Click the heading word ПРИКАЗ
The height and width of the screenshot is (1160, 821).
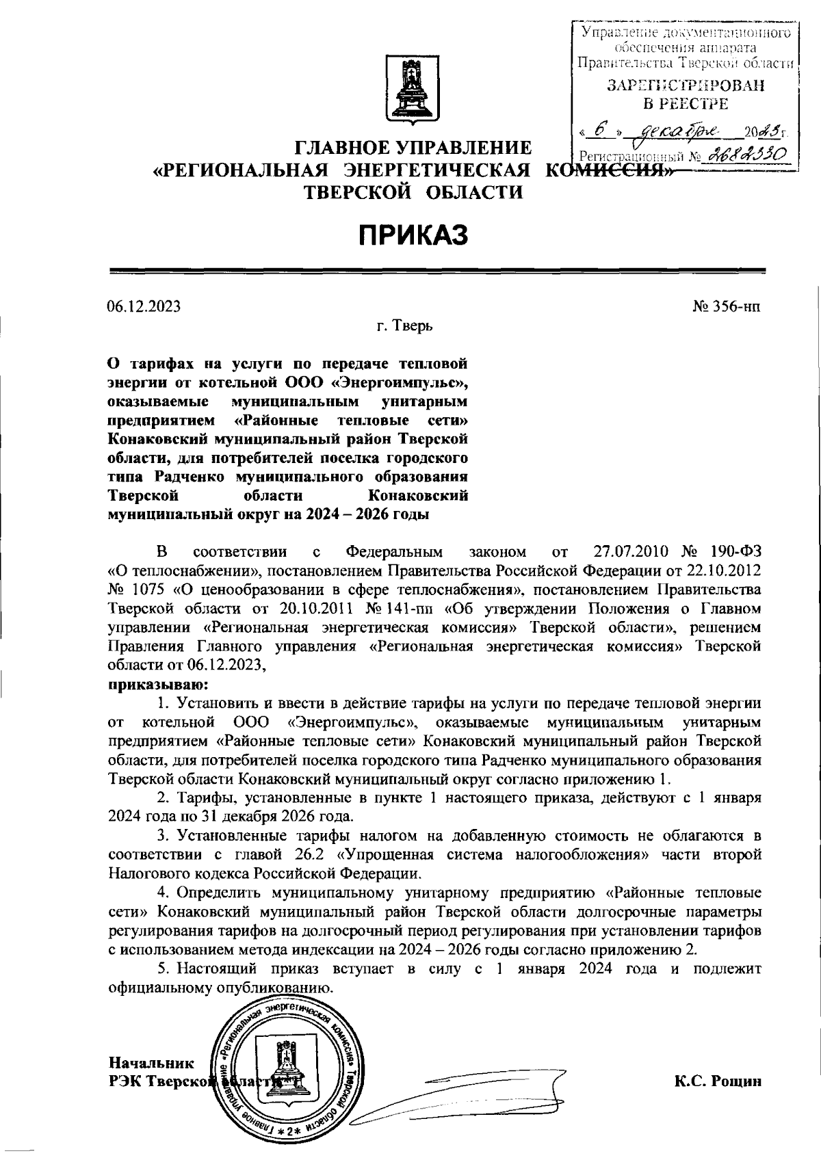[x=413, y=235]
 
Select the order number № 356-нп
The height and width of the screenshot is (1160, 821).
[x=726, y=307]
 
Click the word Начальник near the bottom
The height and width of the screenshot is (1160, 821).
[x=151, y=1062]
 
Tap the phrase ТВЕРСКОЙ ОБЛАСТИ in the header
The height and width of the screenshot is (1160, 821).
[x=413, y=192]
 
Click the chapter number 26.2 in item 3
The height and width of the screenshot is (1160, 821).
[x=303, y=854]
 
